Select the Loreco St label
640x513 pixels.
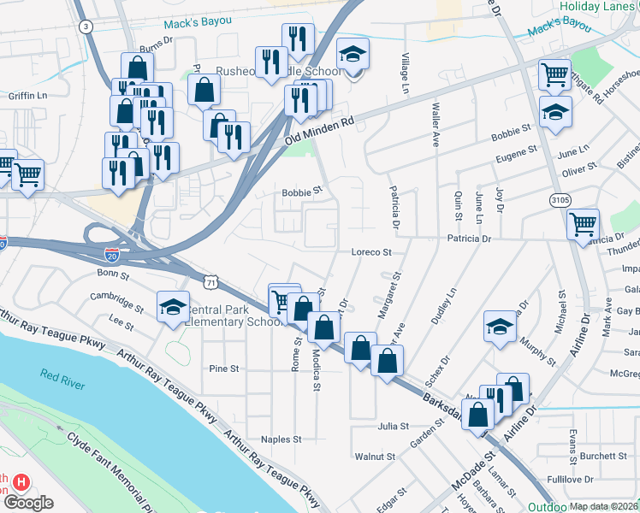point(371,252)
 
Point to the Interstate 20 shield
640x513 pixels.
point(112,255)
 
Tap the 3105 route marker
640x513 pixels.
point(560,199)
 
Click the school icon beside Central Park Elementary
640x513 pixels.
point(172,309)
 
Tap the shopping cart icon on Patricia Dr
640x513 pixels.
point(583,224)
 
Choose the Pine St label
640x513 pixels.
point(224,369)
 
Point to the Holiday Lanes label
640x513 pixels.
point(599,6)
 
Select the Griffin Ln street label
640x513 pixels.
point(27,96)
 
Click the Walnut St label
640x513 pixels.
point(377,457)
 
